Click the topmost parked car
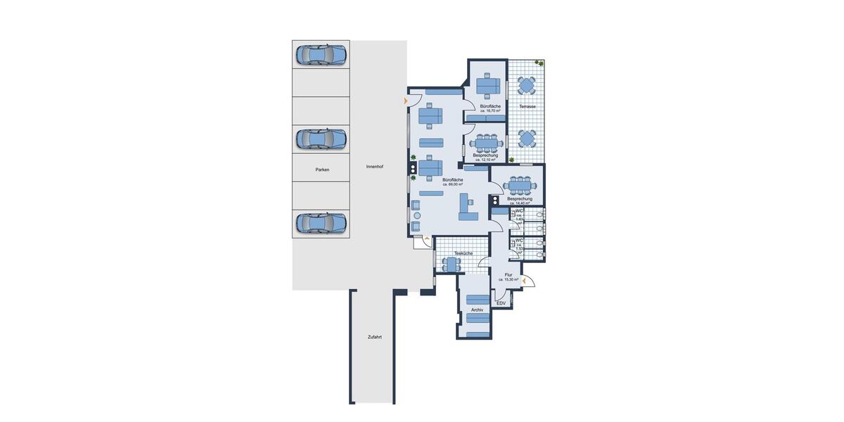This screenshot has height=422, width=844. (x=321, y=54)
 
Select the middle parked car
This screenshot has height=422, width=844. (x=321, y=139)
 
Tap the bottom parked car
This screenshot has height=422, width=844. (x=321, y=223)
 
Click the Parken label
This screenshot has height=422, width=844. (x=322, y=170)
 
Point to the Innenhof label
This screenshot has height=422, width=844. (x=375, y=167)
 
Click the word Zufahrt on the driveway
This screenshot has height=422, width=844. (x=374, y=337)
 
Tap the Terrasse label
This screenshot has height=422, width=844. (x=527, y=106)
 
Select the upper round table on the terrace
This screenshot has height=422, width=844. (x=527, y=86)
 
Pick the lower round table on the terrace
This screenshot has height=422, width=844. (x=527, y=136)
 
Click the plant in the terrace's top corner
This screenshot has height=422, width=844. (x=539, y=63)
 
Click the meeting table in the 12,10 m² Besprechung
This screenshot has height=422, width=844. (x=486, y=143)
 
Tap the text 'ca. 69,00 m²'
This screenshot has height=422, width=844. (x=452, y=184)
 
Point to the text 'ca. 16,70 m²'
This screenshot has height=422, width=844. (x=490, y=110)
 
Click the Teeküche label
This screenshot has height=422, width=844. (x=463, y=253)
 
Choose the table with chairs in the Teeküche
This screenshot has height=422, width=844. (x=451, y=264)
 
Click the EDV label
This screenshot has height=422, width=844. (x=501, y=303)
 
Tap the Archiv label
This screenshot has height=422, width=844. (x=478, y=309)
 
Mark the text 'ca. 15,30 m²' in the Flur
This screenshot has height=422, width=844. (x=509, y=279)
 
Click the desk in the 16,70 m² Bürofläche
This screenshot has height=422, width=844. (x=487, y=86)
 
